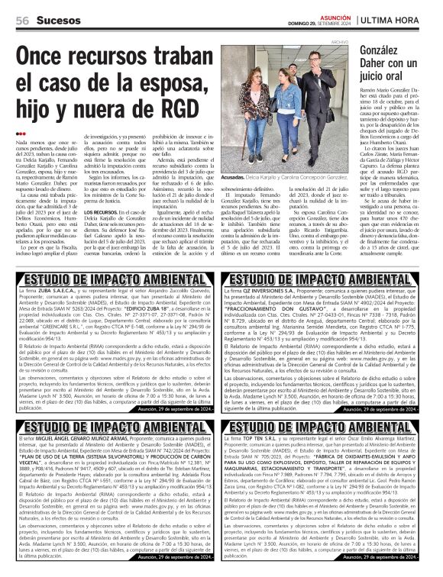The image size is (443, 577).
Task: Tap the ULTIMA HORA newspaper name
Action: coord(395,19)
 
